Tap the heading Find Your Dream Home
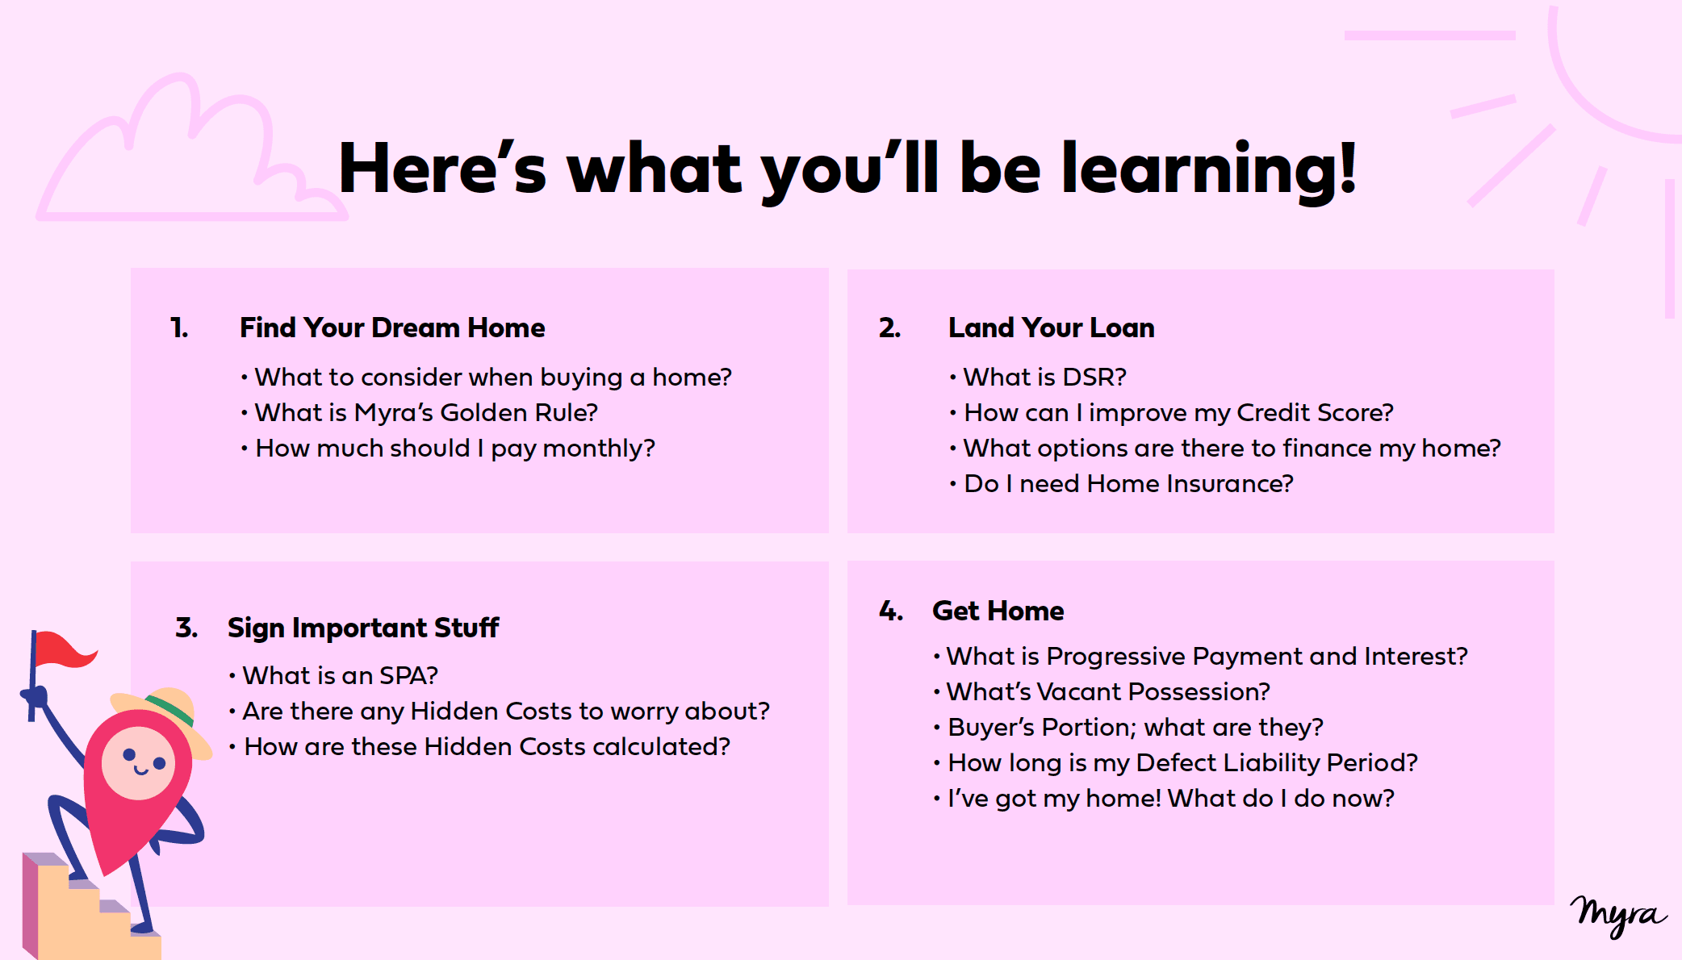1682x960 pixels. (x=392, y=328)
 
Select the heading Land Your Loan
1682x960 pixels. (x=1051, y=328)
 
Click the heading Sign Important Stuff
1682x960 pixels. (x=363, y=628)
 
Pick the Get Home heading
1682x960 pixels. (x=998, y=611)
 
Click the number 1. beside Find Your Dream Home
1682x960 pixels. (x=179, y=328)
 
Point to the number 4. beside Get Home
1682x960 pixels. (x=891, y=611)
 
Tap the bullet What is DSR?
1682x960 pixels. (x=1038, y=377)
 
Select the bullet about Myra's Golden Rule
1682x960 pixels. (x=420, y=412)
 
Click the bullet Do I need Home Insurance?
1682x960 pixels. (x=1122, y=483)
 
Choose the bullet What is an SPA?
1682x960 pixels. (x=333, y=675)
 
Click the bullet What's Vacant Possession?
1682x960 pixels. (x=1102, y=691)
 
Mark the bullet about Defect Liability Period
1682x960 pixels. (x=1175, y=762)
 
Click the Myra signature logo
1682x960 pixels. (x=1617, y=916)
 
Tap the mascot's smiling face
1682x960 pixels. (x=138, y=763)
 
